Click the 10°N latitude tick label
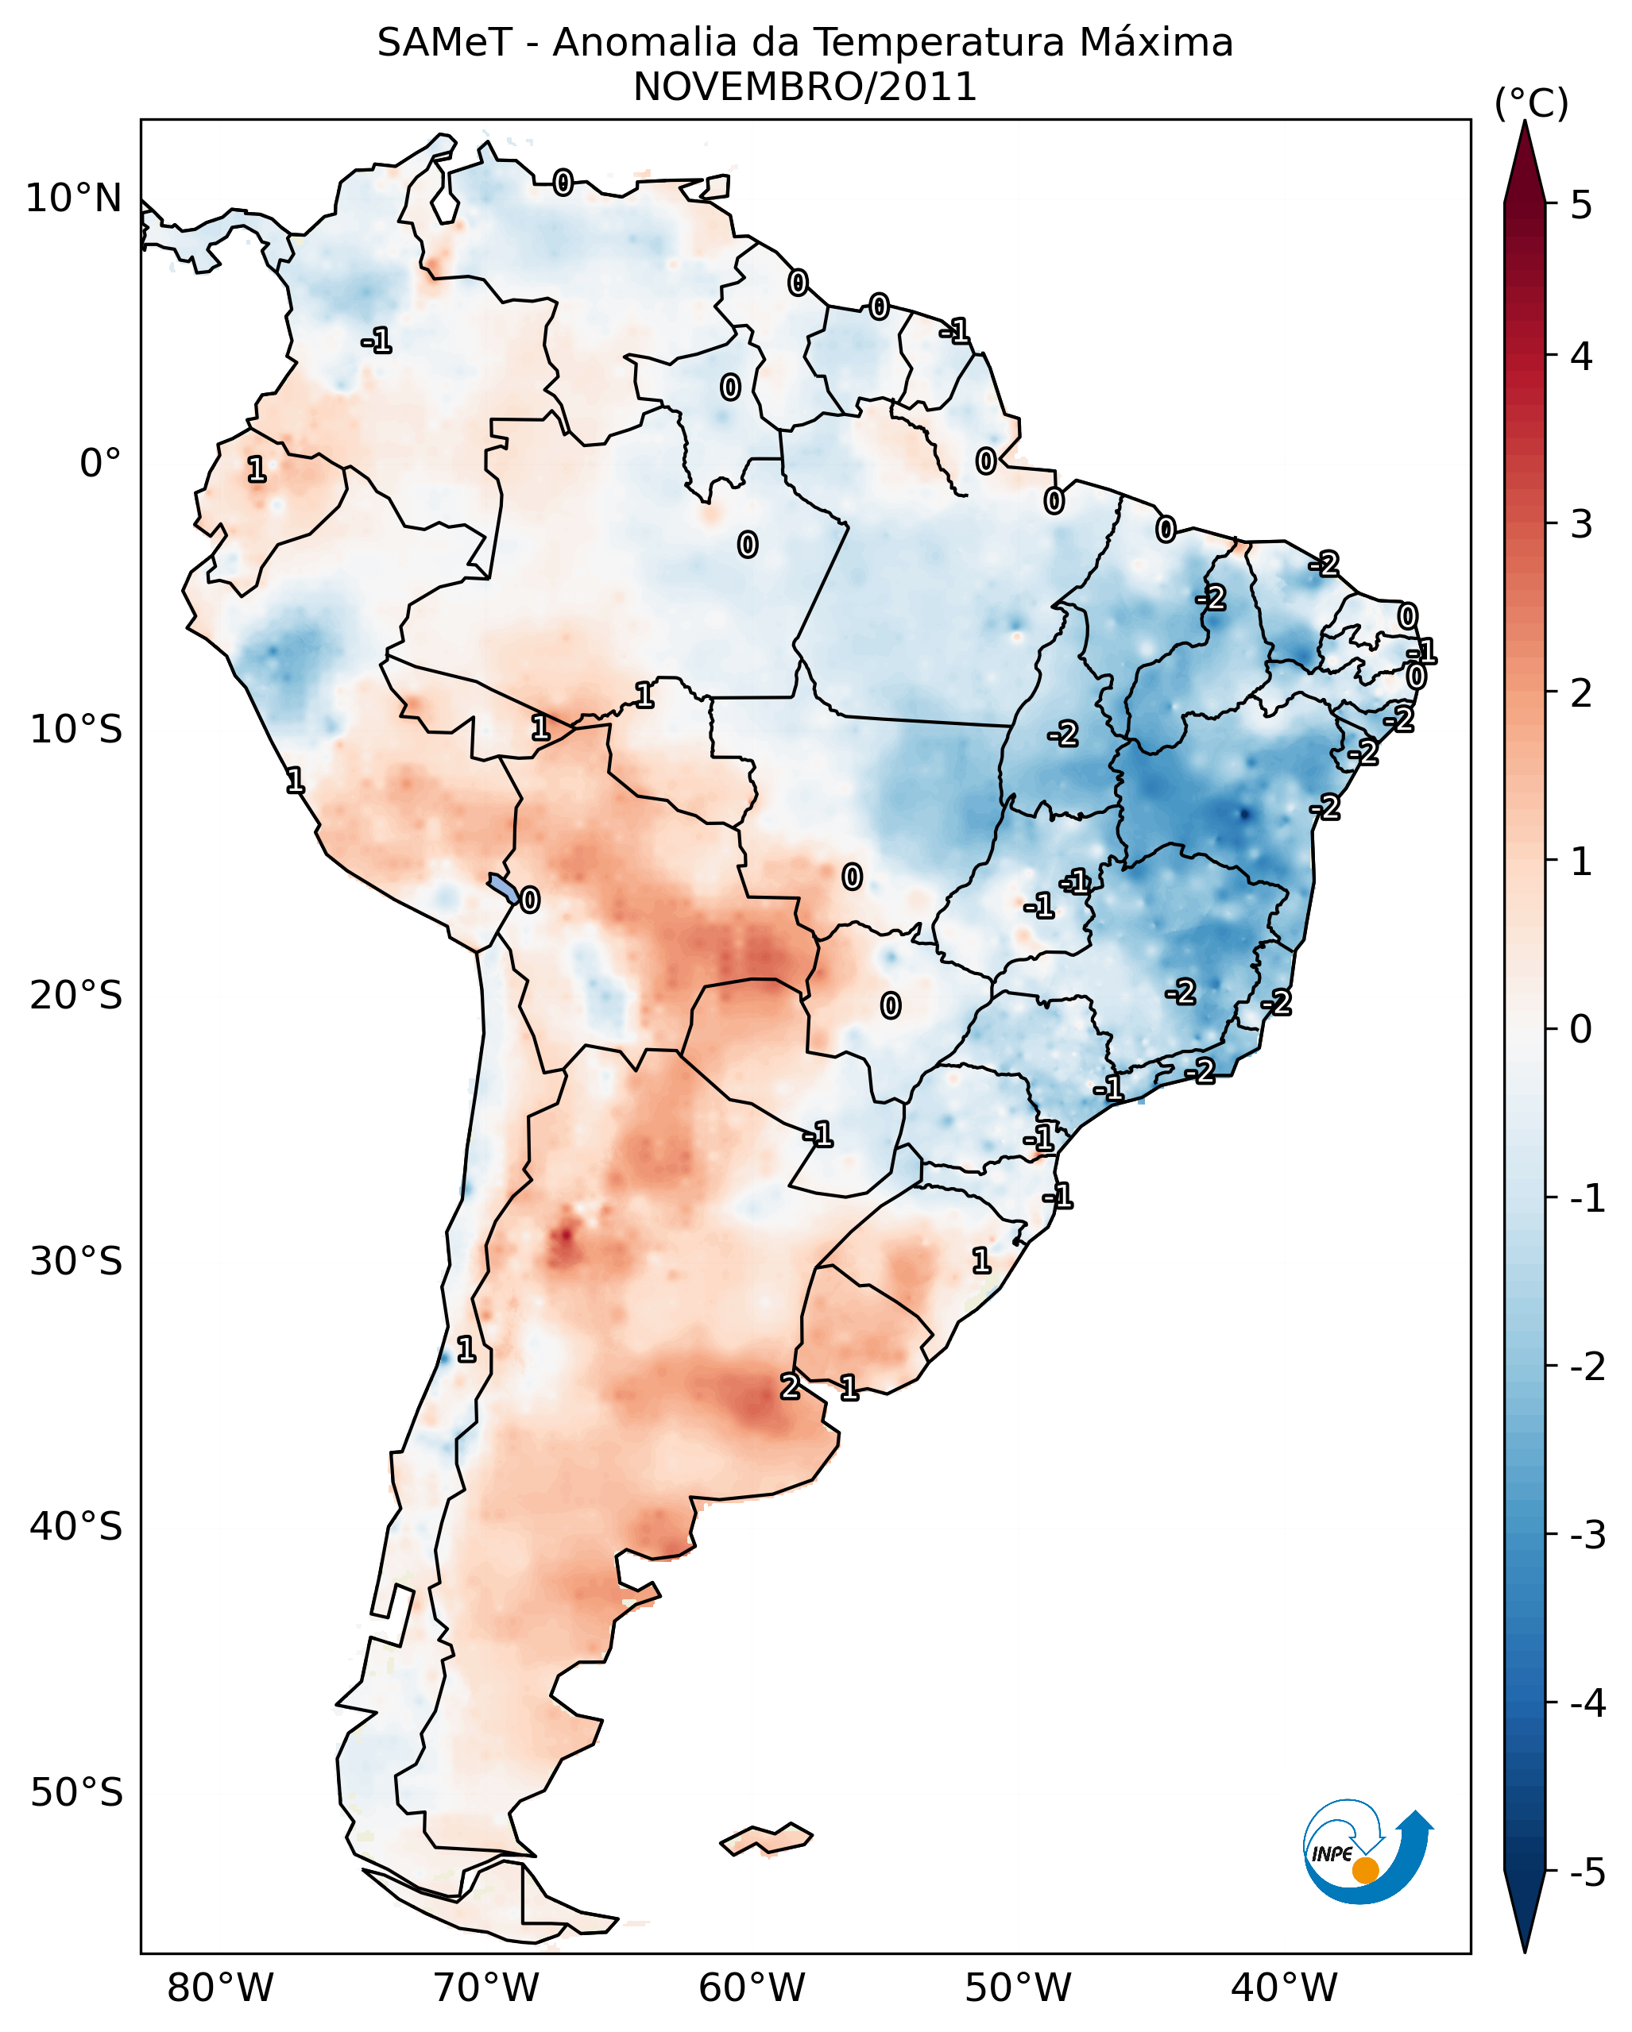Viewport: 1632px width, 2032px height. pyautogui.click(x=74, y=199)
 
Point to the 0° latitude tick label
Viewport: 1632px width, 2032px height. pyautogui.click(x=100, y=464)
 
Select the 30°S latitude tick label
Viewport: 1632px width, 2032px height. pyautogui.click(x=75, y=1261)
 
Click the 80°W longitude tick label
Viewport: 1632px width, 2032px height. pyautogui.click(x=219, y=1988)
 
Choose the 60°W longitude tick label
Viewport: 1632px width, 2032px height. pyautogui.click(x=752, y=1988)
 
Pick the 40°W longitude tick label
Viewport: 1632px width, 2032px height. pyautogui.click(x=1283, y=1988)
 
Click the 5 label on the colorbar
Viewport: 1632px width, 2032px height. pyautogui.click(x=1581, y=205)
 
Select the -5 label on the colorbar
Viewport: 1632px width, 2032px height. pyautogui.click(x=1587, y=1872)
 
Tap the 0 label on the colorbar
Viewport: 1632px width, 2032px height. pyautogui.click(x=1581, y=1029)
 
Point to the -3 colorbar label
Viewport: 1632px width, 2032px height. pyautogui.click(x=1587, y=1535)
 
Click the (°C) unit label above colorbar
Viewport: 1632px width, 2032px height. pyautogui.click(x=1531, y=104)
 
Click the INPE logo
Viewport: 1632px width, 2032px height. pyautogui.click(x=1367, y=1852)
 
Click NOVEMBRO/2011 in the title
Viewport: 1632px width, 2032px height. pyautogui.click(x=804, y=87)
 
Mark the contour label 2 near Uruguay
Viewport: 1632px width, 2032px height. pyautogui.click(x=790, y=1386)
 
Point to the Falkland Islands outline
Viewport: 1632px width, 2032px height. pyautogui.click(x=766, y=1840)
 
